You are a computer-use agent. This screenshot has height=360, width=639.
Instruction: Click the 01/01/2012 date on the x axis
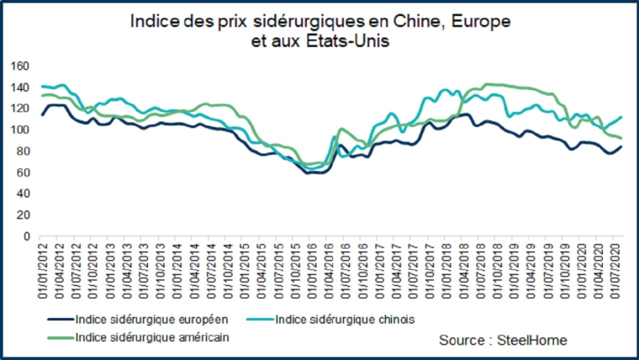[x=41, y=270]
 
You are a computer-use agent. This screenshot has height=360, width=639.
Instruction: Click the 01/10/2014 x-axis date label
[x=228, y=270]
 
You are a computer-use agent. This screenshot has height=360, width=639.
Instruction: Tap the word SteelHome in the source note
[x=531, y=340]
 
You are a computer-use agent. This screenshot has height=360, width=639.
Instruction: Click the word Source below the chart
[x=463, y=340]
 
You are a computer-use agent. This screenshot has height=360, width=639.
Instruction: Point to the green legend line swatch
[x=56, y=336]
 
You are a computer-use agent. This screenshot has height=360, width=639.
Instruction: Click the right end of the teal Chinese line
[x=621, y=117]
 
